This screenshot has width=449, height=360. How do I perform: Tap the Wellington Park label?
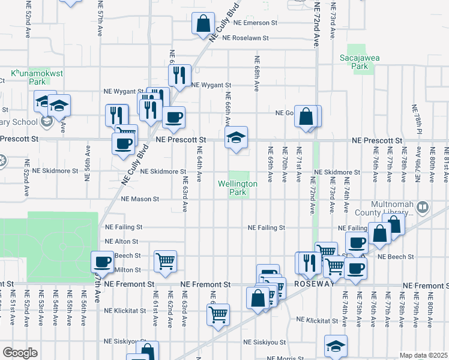[238, 188]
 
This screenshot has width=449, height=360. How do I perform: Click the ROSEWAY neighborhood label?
[313, 284]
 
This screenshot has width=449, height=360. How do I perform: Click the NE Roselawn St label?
[246, 37]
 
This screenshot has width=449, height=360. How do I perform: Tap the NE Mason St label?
[140, 199]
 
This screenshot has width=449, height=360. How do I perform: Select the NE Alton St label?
[122, 241]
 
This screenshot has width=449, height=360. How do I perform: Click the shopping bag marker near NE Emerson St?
[203, 23]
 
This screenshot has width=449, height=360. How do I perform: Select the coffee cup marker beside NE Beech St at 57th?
[102, 261]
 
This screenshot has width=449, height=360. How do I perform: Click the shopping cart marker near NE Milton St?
[165, 260]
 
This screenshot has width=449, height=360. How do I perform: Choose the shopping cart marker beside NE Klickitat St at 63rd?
[218, 313]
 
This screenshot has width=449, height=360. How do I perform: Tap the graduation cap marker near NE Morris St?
[336, 345]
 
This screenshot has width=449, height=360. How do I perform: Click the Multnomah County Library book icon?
[423, 208]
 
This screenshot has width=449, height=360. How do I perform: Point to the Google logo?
[20, 353]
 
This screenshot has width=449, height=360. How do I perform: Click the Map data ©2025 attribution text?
[423, 355]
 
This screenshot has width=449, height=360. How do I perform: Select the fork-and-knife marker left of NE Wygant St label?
[179, 74]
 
